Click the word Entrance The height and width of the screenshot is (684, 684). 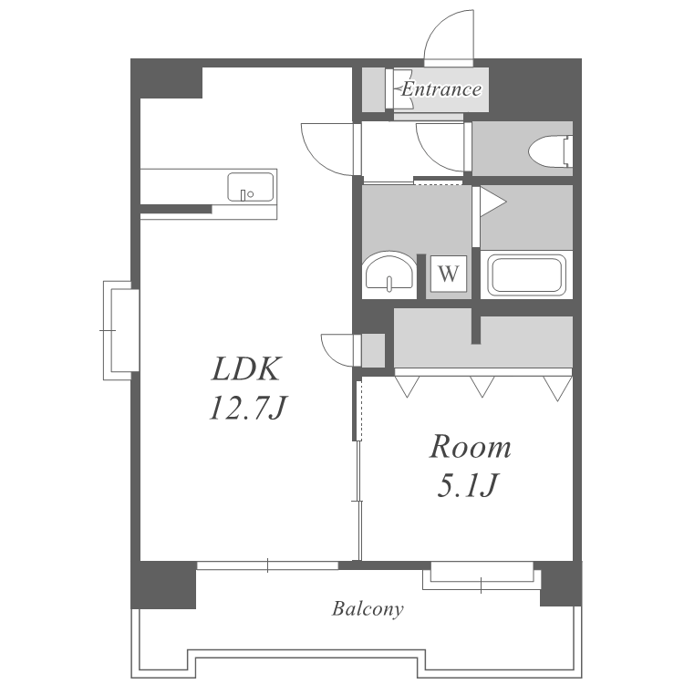click(x=441, y=89)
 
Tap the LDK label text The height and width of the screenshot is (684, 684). click(x=245, y=369)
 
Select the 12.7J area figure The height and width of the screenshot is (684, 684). click(x=247, y=409)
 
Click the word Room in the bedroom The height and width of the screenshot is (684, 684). click(x=471, y=447)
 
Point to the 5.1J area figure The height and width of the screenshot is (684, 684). click(x=467, y=484)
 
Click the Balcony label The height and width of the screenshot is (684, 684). click(x=368, y=609)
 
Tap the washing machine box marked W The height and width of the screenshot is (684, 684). click(x=449, y=274)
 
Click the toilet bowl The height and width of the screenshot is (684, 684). click(x=550, y=151)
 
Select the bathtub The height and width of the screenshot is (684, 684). click(x=526, y=275)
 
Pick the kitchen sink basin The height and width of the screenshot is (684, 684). click(x=251, y=187)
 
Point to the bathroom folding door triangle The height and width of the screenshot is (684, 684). click(x=492, y=202)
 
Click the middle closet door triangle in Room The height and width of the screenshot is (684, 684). click(x=482, y=386)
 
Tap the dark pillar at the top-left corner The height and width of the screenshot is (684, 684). click(x=167, y=78)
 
